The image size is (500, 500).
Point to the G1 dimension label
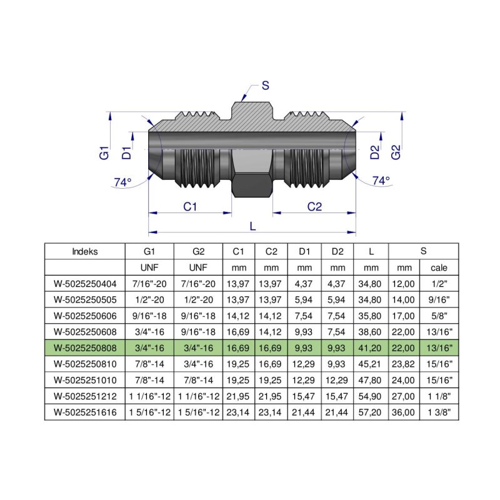pyautogui.click(x=104, y=152)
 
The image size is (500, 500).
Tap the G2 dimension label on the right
pyautogui.click(x=394, y=152)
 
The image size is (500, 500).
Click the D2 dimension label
pyautogui.click(x=374, y=152)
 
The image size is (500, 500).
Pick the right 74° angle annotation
pyautogui.click(x=381, y=181)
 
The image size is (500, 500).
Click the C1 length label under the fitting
pyautogui.click(x=190, y=206)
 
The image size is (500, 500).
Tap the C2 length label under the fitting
pyautogui.click(x=314, y=206)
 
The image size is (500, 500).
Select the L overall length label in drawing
pyautogui.click(x=252, y=226)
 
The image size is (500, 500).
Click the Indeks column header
pyautogui.click(x=85, y=252)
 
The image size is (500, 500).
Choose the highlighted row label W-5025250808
pyautogui.click(x=85, y=347)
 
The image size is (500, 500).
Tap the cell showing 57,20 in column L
pyautogui.click(x=371, y=412)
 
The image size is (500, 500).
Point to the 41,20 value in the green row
pyautogui.click(x=371, y=347)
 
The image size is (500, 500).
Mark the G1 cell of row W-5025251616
pyautogui.click(x=149, y=412)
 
